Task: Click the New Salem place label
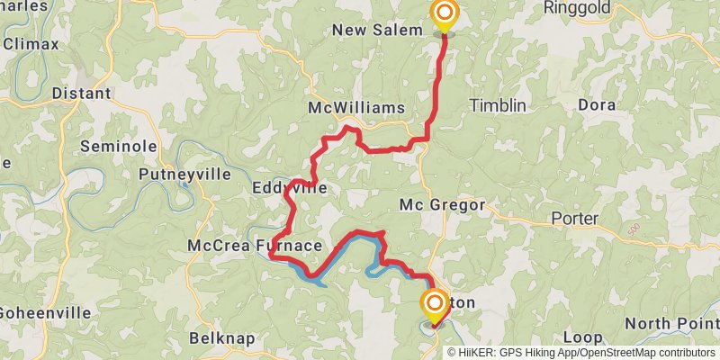(x=377, y=31)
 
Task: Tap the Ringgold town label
(x=577, y=8)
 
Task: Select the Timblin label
(x=498, y=105)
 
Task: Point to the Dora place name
(x=596, y=105)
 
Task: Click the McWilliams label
(x=356, y=108)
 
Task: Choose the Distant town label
(x=81, y=94)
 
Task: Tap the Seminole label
(x=119, y=147)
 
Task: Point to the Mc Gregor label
(x=442, y=205)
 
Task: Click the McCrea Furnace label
(x=255, y=246)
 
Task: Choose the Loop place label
(x=582, y=337)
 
